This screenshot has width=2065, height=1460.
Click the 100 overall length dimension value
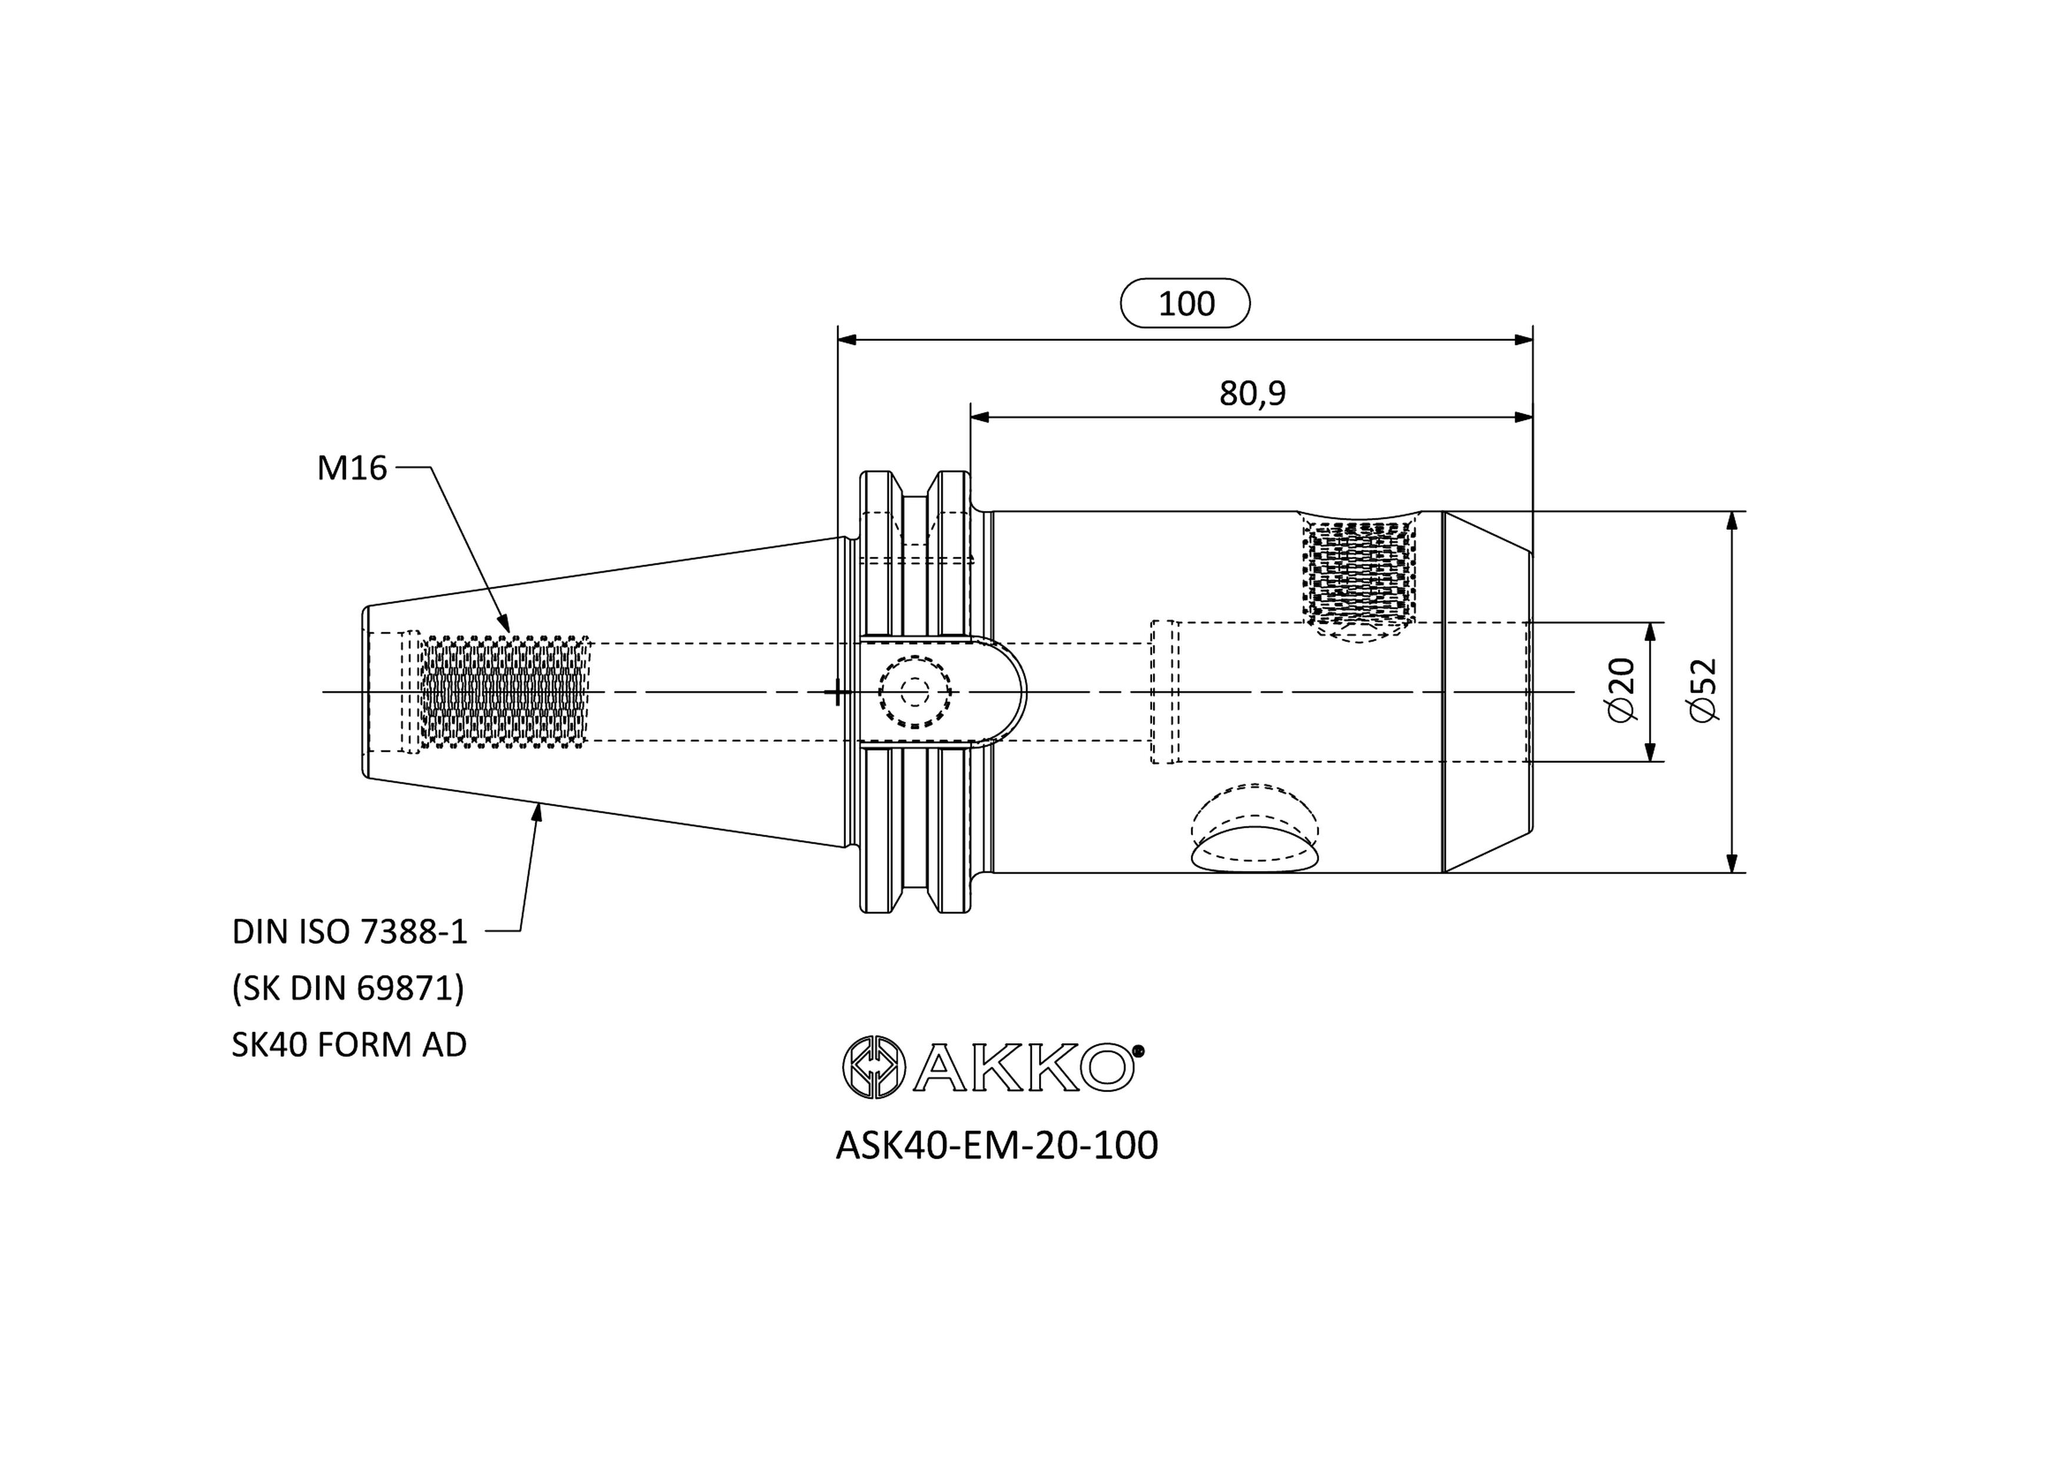click(x=1186, y=304)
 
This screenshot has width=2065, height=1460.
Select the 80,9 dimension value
click(x=1252, y=393)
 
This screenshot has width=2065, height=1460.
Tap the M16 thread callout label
click(x=351, y=468)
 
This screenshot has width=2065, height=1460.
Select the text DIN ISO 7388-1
click(x=350, y=932)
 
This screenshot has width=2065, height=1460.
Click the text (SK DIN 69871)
click(x=348, y=988)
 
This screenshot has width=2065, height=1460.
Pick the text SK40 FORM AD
click(x=349, y=1044)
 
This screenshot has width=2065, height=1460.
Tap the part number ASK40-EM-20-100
click(x=997, y=1145)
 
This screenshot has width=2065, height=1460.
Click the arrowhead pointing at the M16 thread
click(x=503, y=622)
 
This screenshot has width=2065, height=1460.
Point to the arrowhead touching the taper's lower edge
click(x=538, y=812)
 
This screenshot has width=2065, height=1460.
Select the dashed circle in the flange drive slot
click(x=915, y=692)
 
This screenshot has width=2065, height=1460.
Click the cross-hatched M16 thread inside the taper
click(x=504, y=692)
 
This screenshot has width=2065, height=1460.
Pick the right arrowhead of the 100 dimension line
click(x=1523, y=340)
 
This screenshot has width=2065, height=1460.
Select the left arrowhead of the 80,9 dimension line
click(x=980, y=416)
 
